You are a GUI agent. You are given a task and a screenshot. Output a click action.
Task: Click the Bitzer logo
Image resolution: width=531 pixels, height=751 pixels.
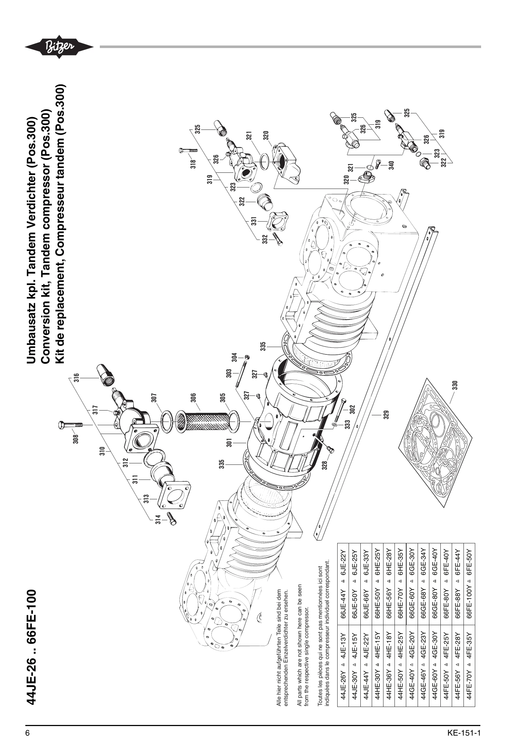(x=59, y=47)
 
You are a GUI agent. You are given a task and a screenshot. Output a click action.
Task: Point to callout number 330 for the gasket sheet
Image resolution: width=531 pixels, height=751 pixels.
(x=455, y=385)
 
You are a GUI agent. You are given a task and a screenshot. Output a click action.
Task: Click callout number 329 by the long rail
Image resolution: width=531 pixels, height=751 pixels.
(x=386, y=414)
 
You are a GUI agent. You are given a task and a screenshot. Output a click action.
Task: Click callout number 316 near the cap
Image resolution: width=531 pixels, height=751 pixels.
(x=76, y=378)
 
